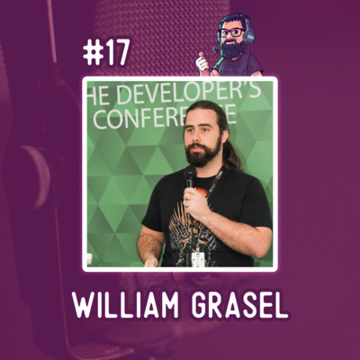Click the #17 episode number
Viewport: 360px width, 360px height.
pyautogui.click(x=106, y=53)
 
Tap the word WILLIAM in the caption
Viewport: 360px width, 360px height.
pyautogui.click(x=126, y=306)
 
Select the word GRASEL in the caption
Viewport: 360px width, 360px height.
pyautogui.click(x=239, y=306)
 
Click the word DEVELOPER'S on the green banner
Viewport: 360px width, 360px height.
pyautogui.click(x=188, y=93)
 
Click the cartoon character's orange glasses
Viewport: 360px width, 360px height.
pyautogui.click(x=232, y=32)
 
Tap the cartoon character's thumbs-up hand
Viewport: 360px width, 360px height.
pyautogui.click(x=202, y=62)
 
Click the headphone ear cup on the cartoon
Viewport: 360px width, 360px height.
pyautogui.click(x=248, y=36)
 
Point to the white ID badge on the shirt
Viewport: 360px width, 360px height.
pyautogui.click(x=198, y=259)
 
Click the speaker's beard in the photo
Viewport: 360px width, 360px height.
pyautogui.click(x=202, y=154)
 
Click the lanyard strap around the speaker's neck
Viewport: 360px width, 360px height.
pyautogui.click(x=215, y=183)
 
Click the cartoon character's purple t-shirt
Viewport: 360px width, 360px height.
pyautogui.click(x=240, y=66)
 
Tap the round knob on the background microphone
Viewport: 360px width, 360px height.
pyautogui.click(x=32, y=176)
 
